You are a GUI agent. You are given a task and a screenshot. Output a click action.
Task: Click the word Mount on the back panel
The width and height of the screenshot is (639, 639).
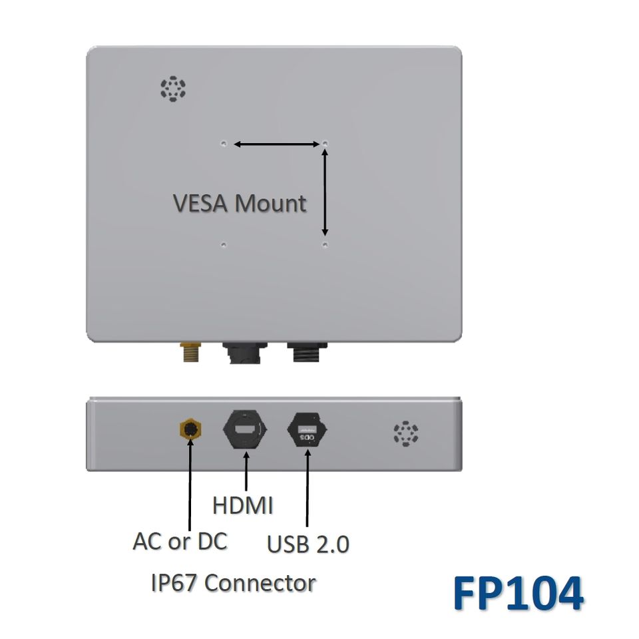click(x=272, y=203)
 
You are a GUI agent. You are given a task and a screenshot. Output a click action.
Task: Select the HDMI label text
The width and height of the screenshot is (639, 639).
click(x=243, y=505)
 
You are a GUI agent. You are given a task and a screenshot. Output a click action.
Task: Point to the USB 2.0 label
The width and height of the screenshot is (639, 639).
click(x=308, y=544)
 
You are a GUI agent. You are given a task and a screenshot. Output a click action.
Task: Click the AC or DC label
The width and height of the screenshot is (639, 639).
click(x=180, y=541)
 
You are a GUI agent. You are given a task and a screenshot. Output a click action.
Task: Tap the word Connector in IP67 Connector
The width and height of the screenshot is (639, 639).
click(x=260, y=583)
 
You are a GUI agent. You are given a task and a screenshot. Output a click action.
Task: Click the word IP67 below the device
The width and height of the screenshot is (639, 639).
click(x=175, y=583)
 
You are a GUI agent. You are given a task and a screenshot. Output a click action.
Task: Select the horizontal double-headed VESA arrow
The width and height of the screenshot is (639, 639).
click(x=276, y=144)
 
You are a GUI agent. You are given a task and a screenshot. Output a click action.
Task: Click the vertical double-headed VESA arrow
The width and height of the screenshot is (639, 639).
click(x=325, y=192)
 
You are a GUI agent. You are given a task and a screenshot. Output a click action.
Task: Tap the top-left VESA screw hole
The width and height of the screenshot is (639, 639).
click(x=224, y=143)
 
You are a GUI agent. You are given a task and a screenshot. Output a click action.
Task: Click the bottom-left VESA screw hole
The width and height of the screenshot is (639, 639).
click(x=224, y=245)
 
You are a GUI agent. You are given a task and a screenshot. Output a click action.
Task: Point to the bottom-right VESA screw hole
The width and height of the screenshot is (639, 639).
click(x=325, y=245)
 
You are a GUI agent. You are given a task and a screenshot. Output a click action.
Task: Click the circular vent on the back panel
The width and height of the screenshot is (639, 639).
click(x=173, y=89)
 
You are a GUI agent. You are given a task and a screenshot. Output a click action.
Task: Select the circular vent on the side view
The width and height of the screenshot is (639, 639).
click(x=406, y=433)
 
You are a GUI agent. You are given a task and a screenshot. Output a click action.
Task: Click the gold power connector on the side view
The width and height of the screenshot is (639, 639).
click(x=190, y=430)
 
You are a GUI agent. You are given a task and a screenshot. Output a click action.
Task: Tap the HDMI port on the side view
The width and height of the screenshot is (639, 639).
click(x=246, y=431)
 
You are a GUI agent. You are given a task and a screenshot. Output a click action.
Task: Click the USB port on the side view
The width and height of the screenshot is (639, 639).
click(x=308, y=431)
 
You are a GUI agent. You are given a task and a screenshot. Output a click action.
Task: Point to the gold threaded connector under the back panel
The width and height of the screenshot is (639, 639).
click(x=190, y=352)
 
